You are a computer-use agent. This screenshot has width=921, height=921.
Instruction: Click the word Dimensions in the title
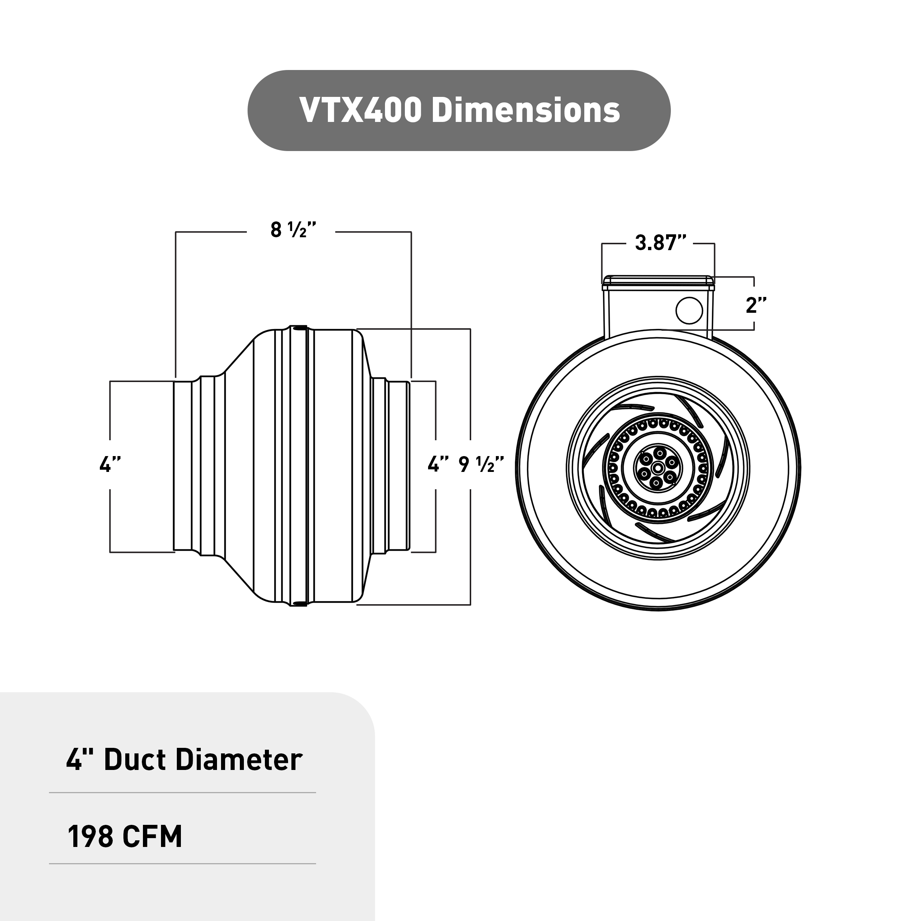(525, 111)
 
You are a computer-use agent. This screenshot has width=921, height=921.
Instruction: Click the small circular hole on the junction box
(689, 310)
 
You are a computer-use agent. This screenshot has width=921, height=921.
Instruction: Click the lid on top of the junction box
(658, 282)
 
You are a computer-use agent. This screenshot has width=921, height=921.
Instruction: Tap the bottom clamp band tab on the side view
(298, 605)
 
